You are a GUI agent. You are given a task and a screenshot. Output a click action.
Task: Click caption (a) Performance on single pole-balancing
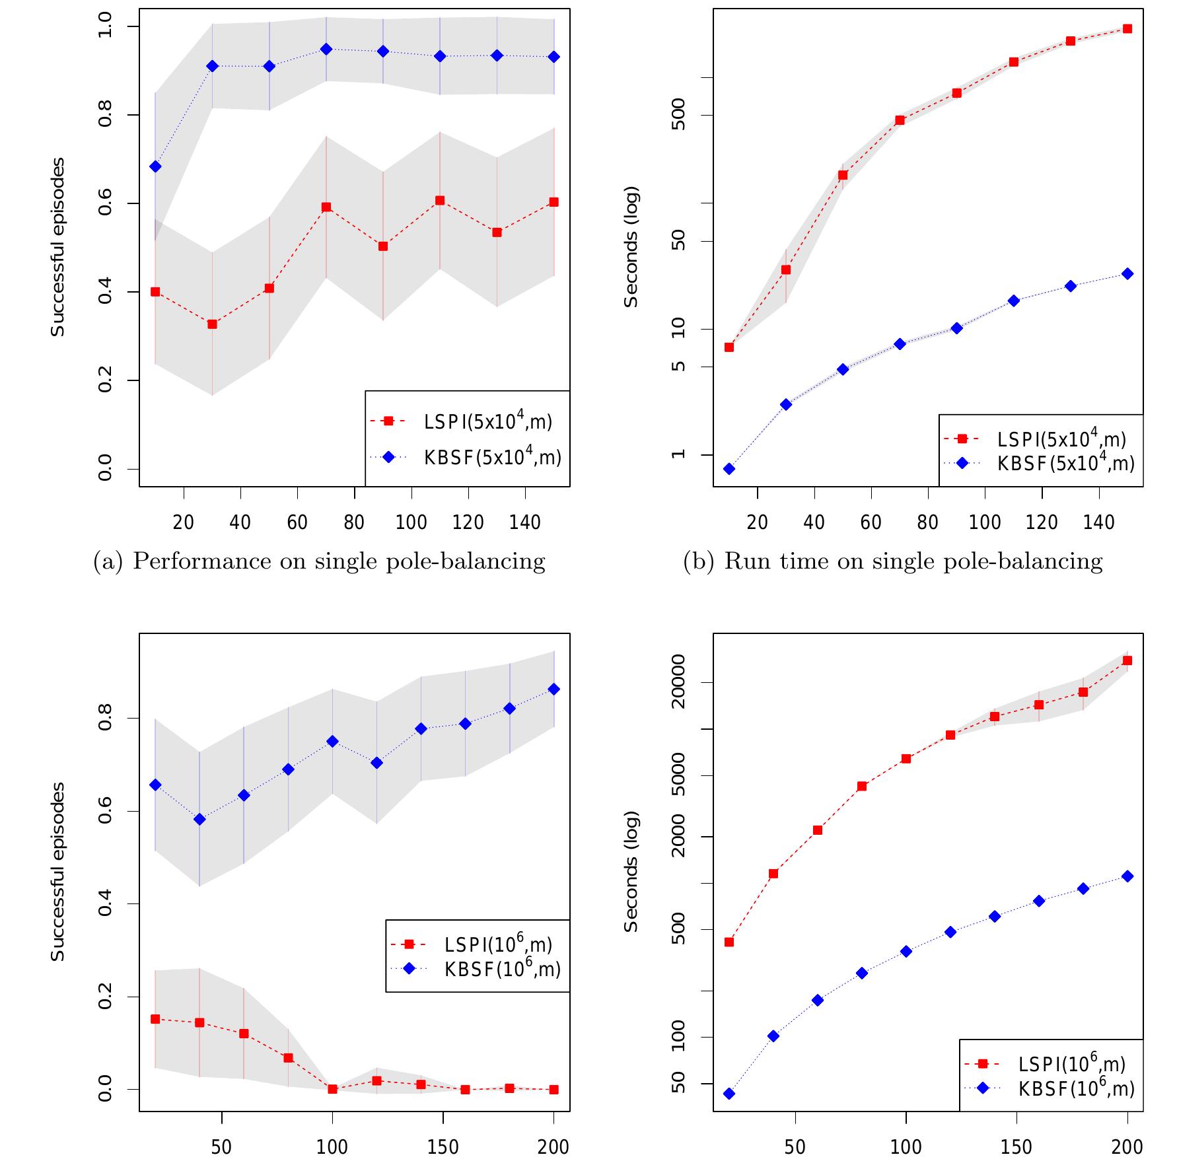coord(320,561)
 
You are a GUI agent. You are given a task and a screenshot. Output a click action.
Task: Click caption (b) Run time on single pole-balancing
coord(893,561)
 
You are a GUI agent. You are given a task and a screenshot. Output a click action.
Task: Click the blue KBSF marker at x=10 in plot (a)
coord(155,166)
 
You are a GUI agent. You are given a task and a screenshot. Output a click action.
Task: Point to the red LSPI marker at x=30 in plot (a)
coord(212,324)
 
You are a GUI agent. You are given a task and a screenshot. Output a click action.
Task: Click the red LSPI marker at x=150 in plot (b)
coord(1127,29)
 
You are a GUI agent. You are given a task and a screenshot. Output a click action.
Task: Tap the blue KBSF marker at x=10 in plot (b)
coord(729,469)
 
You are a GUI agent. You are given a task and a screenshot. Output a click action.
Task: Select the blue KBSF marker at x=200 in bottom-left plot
coord(553,689)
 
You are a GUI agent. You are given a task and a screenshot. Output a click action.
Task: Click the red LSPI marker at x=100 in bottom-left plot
coord(332,1089)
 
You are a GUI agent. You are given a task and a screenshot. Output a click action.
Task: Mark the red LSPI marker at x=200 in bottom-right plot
coord(1127,660)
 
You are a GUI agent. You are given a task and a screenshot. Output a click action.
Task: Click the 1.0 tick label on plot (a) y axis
coord(104,26)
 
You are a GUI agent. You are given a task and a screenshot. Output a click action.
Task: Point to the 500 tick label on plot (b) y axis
coord(678,115)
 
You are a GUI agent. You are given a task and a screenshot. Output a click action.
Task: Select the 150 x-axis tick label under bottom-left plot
coord(443,1147)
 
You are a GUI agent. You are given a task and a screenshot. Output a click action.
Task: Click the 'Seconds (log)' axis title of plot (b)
coord(631,246)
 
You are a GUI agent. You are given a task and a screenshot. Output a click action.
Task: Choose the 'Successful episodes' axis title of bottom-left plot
coord(58,872)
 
